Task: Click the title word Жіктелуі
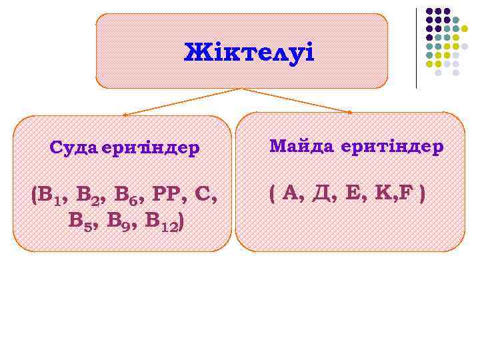click(248, 52)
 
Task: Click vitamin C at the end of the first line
click(203, 195)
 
